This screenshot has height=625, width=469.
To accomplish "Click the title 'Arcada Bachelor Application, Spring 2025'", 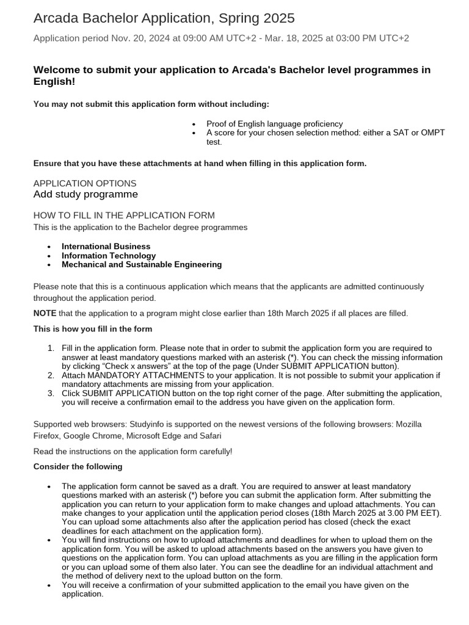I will (x=164, y=18).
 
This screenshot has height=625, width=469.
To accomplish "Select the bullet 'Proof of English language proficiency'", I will (x=274, y=123).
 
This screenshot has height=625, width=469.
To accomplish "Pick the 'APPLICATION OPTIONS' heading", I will (x=85, y=183).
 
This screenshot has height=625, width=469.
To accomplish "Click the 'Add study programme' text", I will (x=85, y=195).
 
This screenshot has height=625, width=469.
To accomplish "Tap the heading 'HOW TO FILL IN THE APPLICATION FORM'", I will (x=124, y=215).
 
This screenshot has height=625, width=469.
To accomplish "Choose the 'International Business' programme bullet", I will (x=106, y=247).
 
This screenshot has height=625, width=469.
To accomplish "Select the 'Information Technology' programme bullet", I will (x=109, y=256).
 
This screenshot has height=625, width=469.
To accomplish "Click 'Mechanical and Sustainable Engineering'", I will (x=142, y=265).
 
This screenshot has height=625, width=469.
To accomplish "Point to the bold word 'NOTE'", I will (x=45, y=313).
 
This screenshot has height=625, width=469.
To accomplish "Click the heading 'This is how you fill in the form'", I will (x=93, y=329).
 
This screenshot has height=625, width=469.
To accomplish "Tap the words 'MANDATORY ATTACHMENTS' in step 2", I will (x=146, y=375).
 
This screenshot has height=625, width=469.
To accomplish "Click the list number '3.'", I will (x=51, y=393).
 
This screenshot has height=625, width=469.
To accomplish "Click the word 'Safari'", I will (x=209, y=436).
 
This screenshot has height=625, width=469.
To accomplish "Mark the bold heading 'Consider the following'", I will (x=78, y=466).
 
